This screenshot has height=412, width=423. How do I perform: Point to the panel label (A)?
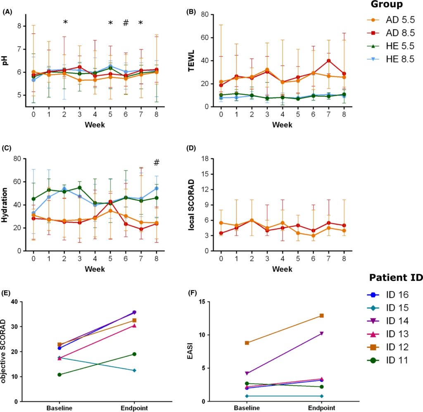(x=7, y=12)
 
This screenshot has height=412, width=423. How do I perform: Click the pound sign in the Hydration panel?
(x=156, y=163)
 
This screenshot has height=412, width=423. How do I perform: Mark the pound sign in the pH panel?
(x=126, y=23)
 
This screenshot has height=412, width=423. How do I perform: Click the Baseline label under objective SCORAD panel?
(x=59, y=407)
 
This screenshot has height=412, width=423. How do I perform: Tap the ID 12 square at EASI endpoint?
(x=321, y=316)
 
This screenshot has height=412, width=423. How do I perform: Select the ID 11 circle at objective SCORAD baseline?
(x=59, y=375)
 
